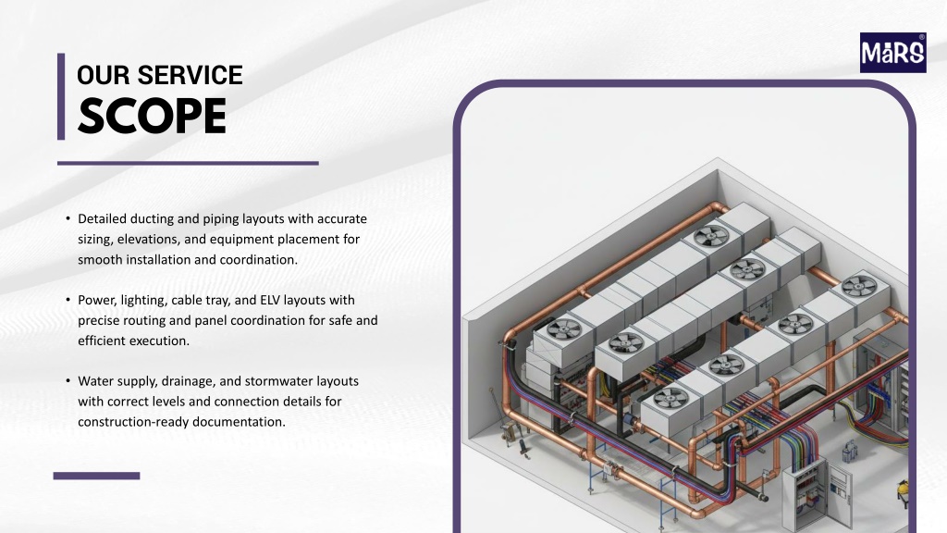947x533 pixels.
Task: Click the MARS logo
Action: pos(892,53)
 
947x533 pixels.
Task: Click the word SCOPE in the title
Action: pos(153,117)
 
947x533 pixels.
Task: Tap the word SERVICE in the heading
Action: pos(190,76)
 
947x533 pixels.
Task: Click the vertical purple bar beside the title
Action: pos(61,96)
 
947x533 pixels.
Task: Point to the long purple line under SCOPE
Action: pos(188,163)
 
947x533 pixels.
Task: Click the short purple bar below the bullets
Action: pos(96,476)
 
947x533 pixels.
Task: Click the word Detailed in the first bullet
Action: pos(102,218)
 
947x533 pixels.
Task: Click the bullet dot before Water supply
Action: pos(68,380)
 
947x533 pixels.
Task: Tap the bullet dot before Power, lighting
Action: pos(68,300)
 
